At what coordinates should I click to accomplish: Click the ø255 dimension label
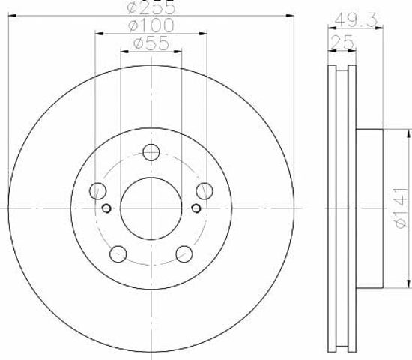(x=151, y=7)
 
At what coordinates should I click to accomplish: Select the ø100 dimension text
(x=151, y=25)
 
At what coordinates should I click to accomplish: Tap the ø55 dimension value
(x=151, y=43)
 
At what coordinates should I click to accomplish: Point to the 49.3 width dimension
(x=357, y=19)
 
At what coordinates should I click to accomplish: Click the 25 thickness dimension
(x=342, y=42)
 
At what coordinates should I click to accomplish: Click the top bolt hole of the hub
(x=151, y=152)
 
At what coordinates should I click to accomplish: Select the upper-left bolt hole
(x=97, y=190)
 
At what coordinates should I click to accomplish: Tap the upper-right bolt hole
(x=205, y=190)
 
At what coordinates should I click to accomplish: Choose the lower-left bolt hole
(x=118, y=254)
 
